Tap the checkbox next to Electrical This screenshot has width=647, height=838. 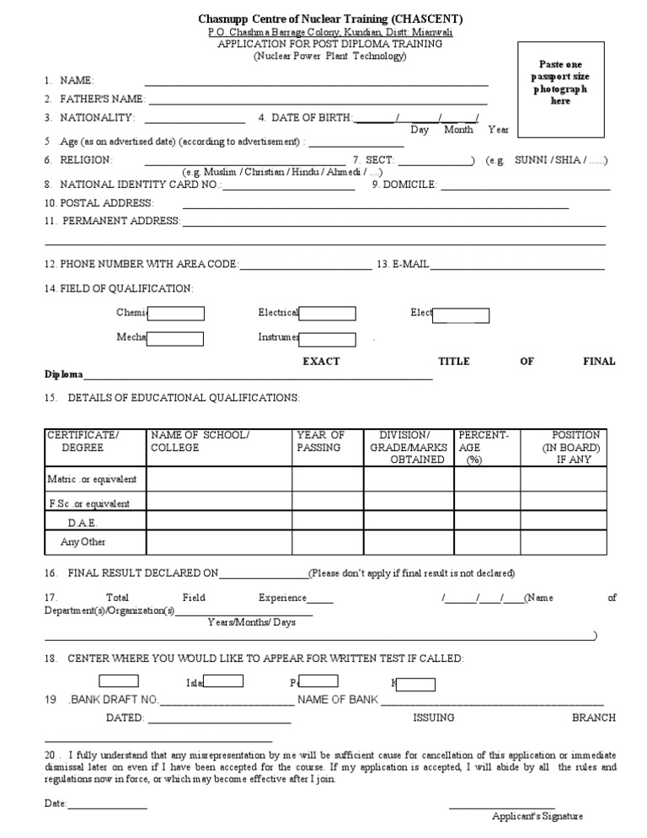(x=327, y=314)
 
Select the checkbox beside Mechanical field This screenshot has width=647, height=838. (x=175, y=339)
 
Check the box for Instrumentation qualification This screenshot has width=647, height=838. (x=327, y=339)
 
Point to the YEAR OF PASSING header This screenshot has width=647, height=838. (x=320, y=442)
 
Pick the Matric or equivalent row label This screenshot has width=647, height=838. (x=93, y=480)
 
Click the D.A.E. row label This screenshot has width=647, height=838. (x=84, y=523)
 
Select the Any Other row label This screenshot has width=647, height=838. (x=83, y=542)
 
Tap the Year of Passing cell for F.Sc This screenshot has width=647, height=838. (x=326, y=503)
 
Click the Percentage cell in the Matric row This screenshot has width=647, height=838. (x=486, y=480)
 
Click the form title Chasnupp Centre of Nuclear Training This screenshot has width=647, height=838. (x=329, y=19)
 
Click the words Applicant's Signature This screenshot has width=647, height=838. (x=537, y=816)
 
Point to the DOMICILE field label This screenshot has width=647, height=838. (x=410, y=184)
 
